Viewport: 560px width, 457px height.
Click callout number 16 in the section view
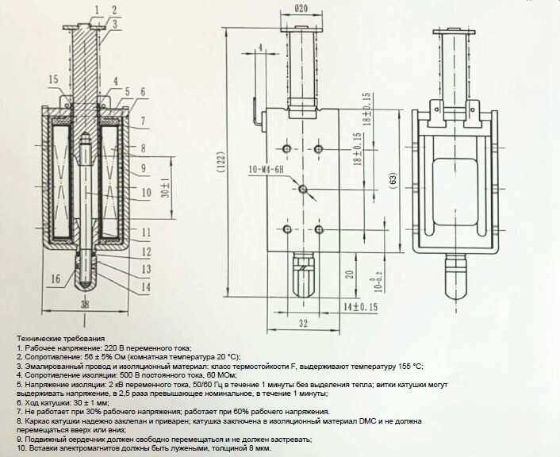54,278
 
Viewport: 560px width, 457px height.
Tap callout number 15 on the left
52,79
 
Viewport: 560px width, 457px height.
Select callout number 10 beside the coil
146,191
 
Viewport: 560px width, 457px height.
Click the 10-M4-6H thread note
270,170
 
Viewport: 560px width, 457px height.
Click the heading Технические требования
59,338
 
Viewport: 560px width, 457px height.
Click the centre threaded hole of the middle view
302,188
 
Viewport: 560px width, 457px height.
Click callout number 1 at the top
95,10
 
